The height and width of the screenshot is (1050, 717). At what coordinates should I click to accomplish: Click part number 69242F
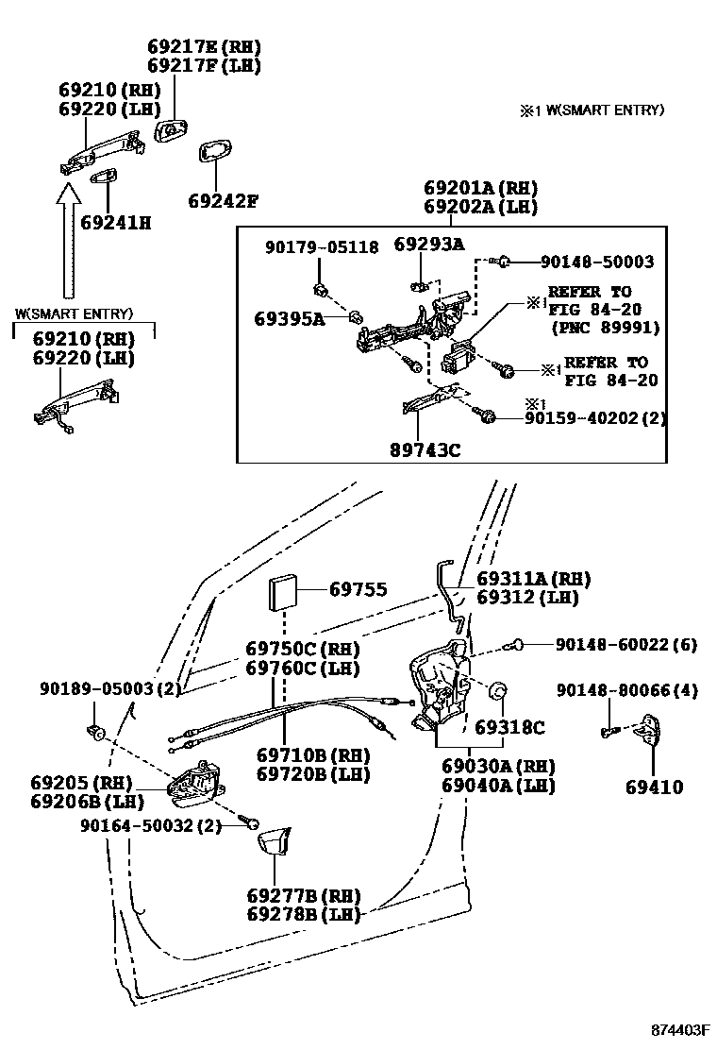point(222,201)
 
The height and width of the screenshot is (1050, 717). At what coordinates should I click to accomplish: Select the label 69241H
point(115,223)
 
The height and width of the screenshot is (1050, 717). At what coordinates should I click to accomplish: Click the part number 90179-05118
point(322,247)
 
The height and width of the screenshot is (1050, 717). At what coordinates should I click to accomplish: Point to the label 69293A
point(429,245)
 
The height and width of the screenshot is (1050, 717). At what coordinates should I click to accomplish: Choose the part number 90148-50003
point(597,262)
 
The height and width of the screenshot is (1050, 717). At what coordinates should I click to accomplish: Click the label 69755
point(358,589)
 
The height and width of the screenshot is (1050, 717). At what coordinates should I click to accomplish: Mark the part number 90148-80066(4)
point(626,691)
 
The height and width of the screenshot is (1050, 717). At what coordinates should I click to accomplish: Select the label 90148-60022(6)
point(625,645)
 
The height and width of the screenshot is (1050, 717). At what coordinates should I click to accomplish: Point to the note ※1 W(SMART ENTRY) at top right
point(591,110)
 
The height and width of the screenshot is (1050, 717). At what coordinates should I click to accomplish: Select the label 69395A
point(289,319)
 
